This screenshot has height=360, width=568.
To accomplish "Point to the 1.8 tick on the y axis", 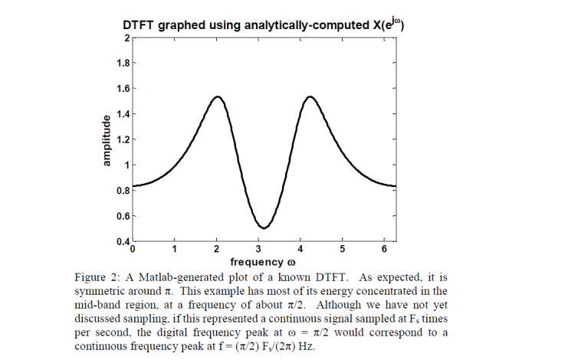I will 123,63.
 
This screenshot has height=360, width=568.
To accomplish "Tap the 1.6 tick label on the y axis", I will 123,88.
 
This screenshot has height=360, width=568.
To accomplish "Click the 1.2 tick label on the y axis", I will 123,139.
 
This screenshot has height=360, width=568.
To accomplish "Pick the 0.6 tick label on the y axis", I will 123,216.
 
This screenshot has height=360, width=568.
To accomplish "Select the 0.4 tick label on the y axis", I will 123,242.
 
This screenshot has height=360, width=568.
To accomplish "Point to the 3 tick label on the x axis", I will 258,250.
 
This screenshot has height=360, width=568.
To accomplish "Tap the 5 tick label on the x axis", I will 343,250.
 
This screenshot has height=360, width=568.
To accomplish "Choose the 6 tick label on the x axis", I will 384,250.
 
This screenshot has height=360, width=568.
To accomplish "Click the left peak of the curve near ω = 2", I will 218,97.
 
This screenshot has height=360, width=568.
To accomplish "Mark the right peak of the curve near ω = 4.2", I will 310,97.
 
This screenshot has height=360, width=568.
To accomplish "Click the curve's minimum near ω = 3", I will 264,227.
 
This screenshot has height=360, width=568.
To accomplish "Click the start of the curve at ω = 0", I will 133,186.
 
